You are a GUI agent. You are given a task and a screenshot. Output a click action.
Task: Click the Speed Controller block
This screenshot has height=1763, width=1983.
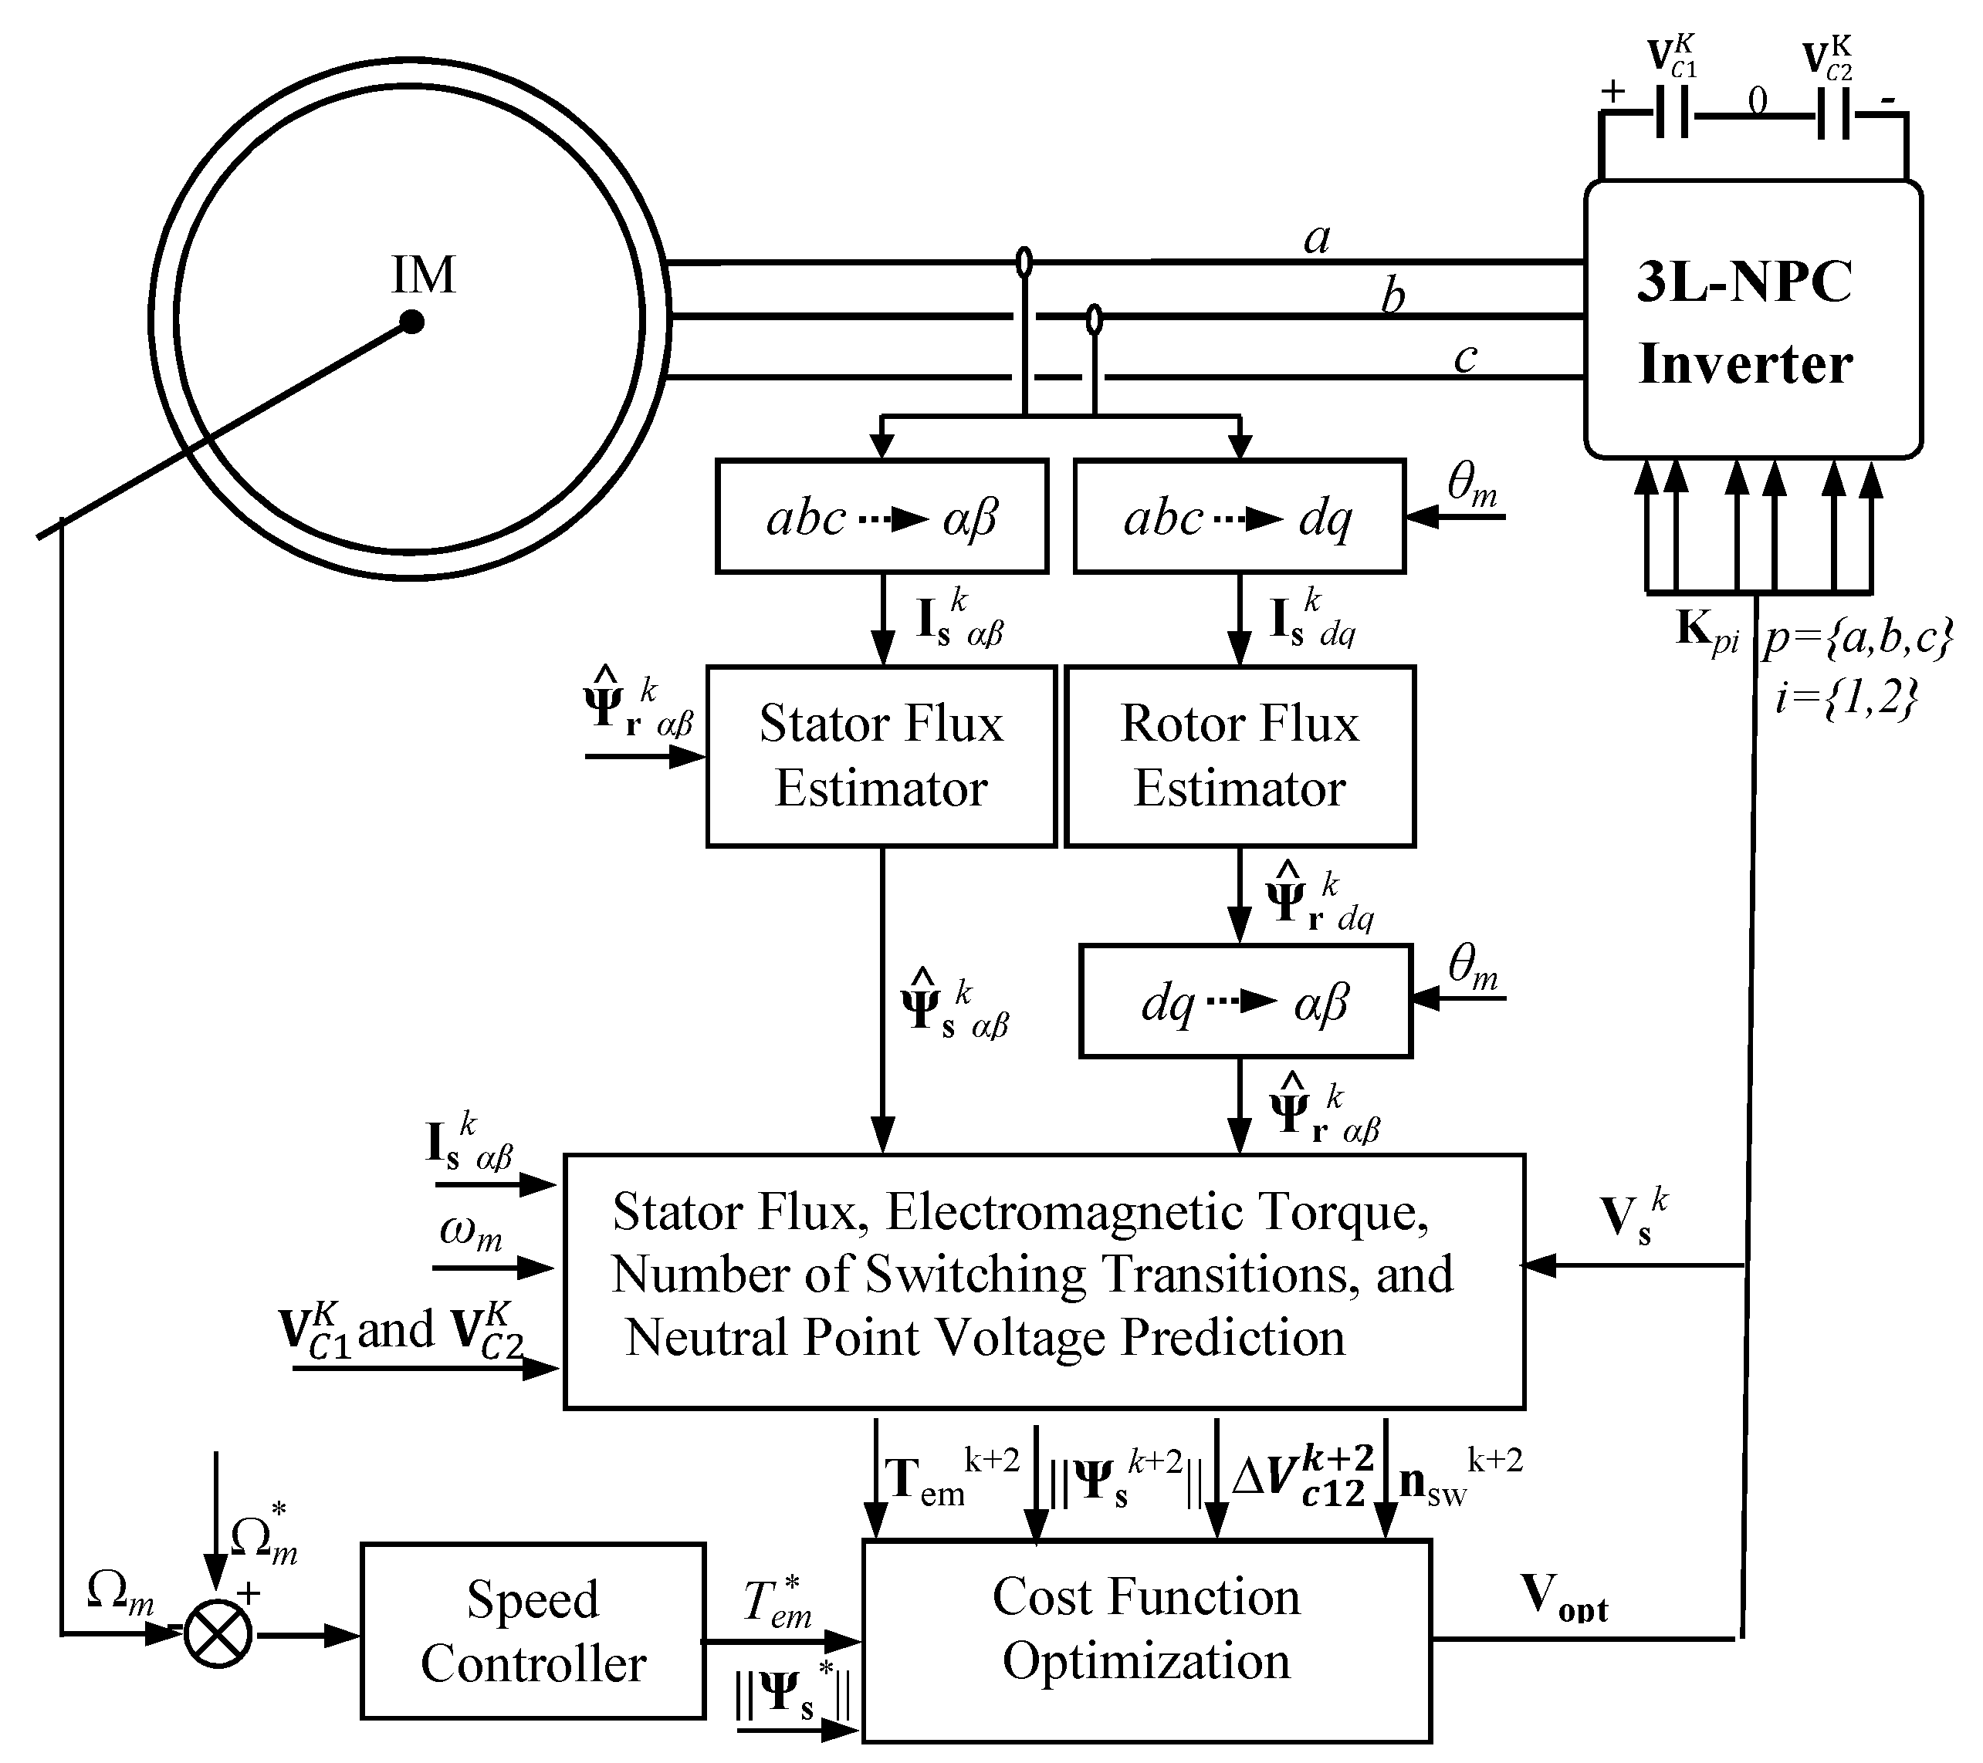click(533, 1631)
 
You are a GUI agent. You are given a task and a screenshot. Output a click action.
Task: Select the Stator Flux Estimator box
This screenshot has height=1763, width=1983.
click(881, 755)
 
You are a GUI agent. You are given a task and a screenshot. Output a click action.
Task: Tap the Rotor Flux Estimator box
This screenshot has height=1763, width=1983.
click(1239, 755)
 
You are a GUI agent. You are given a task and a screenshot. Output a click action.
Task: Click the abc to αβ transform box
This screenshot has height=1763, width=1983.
click(881, 517)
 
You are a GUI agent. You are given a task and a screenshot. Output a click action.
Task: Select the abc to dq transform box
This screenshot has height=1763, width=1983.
click(1239, 517)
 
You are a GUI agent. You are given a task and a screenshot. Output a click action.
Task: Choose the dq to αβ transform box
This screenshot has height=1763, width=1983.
click(1245, 1001)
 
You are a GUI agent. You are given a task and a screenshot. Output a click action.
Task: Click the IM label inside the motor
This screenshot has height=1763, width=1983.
click(423, 275)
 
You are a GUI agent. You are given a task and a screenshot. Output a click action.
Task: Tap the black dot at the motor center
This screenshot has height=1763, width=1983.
click(412, 321)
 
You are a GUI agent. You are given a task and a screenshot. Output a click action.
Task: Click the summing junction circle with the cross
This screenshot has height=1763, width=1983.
click(218, 1635)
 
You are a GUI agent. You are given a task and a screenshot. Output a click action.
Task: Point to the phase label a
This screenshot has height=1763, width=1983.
click(1317, 238)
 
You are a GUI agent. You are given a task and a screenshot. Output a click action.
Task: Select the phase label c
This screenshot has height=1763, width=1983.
click(1465, 357)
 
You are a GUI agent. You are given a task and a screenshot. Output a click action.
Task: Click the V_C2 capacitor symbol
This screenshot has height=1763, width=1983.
click(1832, 114)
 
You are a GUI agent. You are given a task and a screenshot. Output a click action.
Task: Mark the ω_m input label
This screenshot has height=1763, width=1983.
click(471, 1231)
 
